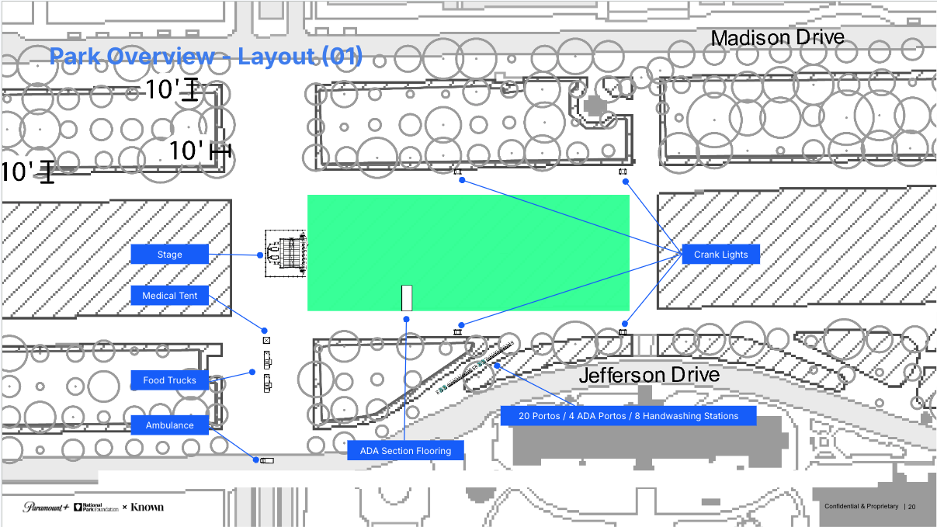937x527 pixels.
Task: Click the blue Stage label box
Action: pyautogui.click(x=169, y=254)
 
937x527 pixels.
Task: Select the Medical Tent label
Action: pyautogui.click(x=170, y=296)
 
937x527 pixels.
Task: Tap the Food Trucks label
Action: pyautogui.click(x=170, y=380)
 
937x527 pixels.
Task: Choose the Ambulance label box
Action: pyautogui.click(x=170, y=425)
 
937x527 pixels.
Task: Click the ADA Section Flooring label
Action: pyautogui.click(x=405, y=451)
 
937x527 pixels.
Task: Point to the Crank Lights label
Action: pyautogui.click(x=721, y=255)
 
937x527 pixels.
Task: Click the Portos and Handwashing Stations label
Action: pyautogui.click(x=629, y=416)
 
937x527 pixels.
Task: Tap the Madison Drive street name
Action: pyautogui.click(x=777, y=37)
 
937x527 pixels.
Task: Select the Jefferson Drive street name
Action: pyautogui.click(x=649, y=376)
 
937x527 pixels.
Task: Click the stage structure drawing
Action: pyautogui.click(x=286, y=252)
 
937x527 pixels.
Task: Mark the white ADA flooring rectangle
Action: pyautogui.click(x=406, y=298)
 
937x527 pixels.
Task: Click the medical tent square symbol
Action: pyautogui.click(x=266, y=340)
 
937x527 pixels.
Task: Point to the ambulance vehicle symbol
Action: pyautogui.click(x=266, y=460)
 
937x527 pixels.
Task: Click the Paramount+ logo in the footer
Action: pyautogui.click(x=46, y=507)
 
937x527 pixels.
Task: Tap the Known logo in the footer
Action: pyautogui.click(x=147, y=507)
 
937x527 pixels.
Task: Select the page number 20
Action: pyautogui.click(x=911, y=507)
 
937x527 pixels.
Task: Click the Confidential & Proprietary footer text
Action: pyautogui.click(x=861, y=507)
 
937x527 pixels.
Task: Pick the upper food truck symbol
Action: pyautogui.click(x=267, y=359)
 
